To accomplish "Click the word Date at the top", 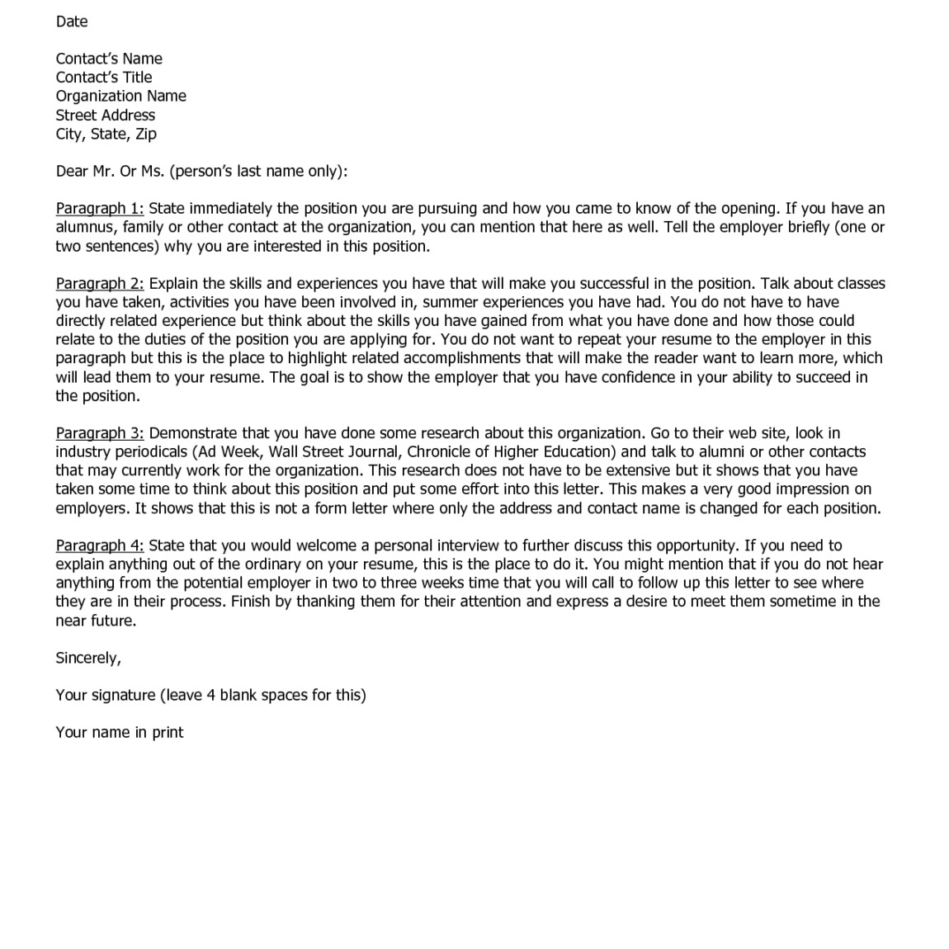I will point(72,21).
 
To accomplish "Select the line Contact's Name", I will point(109,59).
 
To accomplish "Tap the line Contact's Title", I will point(104,78).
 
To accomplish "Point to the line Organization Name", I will point(121,96).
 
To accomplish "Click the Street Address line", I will point(106,116).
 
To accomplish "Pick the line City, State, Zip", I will point(106,134).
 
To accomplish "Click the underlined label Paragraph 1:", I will point(100,209).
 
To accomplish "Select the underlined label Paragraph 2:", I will point(100,284).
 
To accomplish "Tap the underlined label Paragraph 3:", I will point(100,433).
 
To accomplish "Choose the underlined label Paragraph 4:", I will point(100,545).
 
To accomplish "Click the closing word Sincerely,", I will point(88,659).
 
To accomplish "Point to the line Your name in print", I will point(120,733).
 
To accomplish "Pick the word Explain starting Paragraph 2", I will point(173,284).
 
